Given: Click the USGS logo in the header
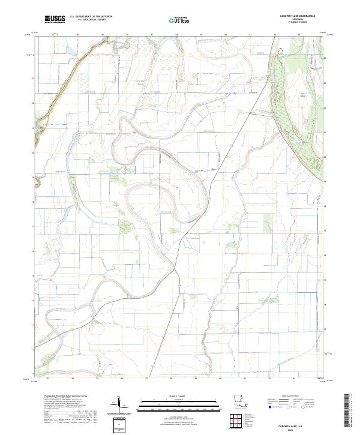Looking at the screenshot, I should [x=55, y=19].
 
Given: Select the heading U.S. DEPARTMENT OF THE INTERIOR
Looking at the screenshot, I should [x=91, y=17].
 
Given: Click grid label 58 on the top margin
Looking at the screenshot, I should [x=176, y=35].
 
